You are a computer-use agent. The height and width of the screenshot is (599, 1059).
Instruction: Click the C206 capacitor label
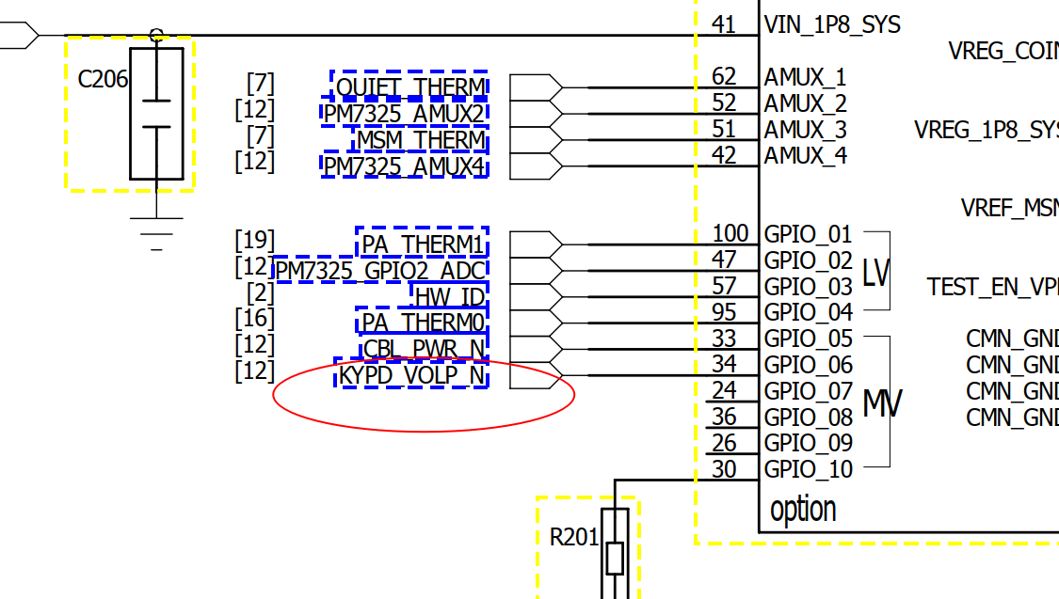pyautogui.click(x=103, y=79)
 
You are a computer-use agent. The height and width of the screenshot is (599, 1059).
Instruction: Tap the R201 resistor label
pyautogui.click(x=574, y=538)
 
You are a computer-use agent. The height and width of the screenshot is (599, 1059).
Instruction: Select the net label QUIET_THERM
pyautogui.click(x=410, y=87)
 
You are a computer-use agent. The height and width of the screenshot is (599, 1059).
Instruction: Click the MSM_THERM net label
pyautogui.click(x=420, y=141)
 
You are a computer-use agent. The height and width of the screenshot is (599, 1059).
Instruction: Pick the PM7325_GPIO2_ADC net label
pyautogui.click(x=380, y=272)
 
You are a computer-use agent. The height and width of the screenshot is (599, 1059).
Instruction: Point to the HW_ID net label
pyautogui.click(x=450, y=297)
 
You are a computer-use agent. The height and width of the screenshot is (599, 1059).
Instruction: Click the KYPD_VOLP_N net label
pyautogui.click(x=412, y=376)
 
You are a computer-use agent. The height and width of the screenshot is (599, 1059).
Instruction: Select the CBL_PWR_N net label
pyautogui.click(x=424, y=350)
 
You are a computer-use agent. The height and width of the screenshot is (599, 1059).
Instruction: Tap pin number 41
pyautogui.click(x=724, y=24)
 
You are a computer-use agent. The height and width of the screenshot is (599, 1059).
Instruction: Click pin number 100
pyautogui.click(x=730, y=233)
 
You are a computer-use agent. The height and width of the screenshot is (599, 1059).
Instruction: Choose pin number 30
pyautogui.click(x=724, y=468)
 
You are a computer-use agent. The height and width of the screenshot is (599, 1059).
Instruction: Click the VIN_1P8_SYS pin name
pyautogui.click(x=832, y=24)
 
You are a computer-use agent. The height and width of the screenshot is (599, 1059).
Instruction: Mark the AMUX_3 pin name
pyautogui.click(x=805, y=130)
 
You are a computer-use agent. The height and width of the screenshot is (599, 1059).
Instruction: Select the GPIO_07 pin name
pyautogui.click(x=808, y=390)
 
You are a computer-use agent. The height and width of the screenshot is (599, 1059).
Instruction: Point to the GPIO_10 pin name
pyautogui.click(x=808, y=469)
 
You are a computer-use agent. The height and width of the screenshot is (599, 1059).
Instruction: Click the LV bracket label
pyautogui.click(x=875, y=273)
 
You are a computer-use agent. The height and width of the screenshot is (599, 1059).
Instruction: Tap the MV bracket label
pyautogui.click(x=881, y=403)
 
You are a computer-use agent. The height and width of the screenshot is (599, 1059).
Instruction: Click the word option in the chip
pyautogui.click(x=803, y=511)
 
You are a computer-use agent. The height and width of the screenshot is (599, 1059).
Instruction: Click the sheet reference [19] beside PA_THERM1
pyautogui.click(x=254, y=241)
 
